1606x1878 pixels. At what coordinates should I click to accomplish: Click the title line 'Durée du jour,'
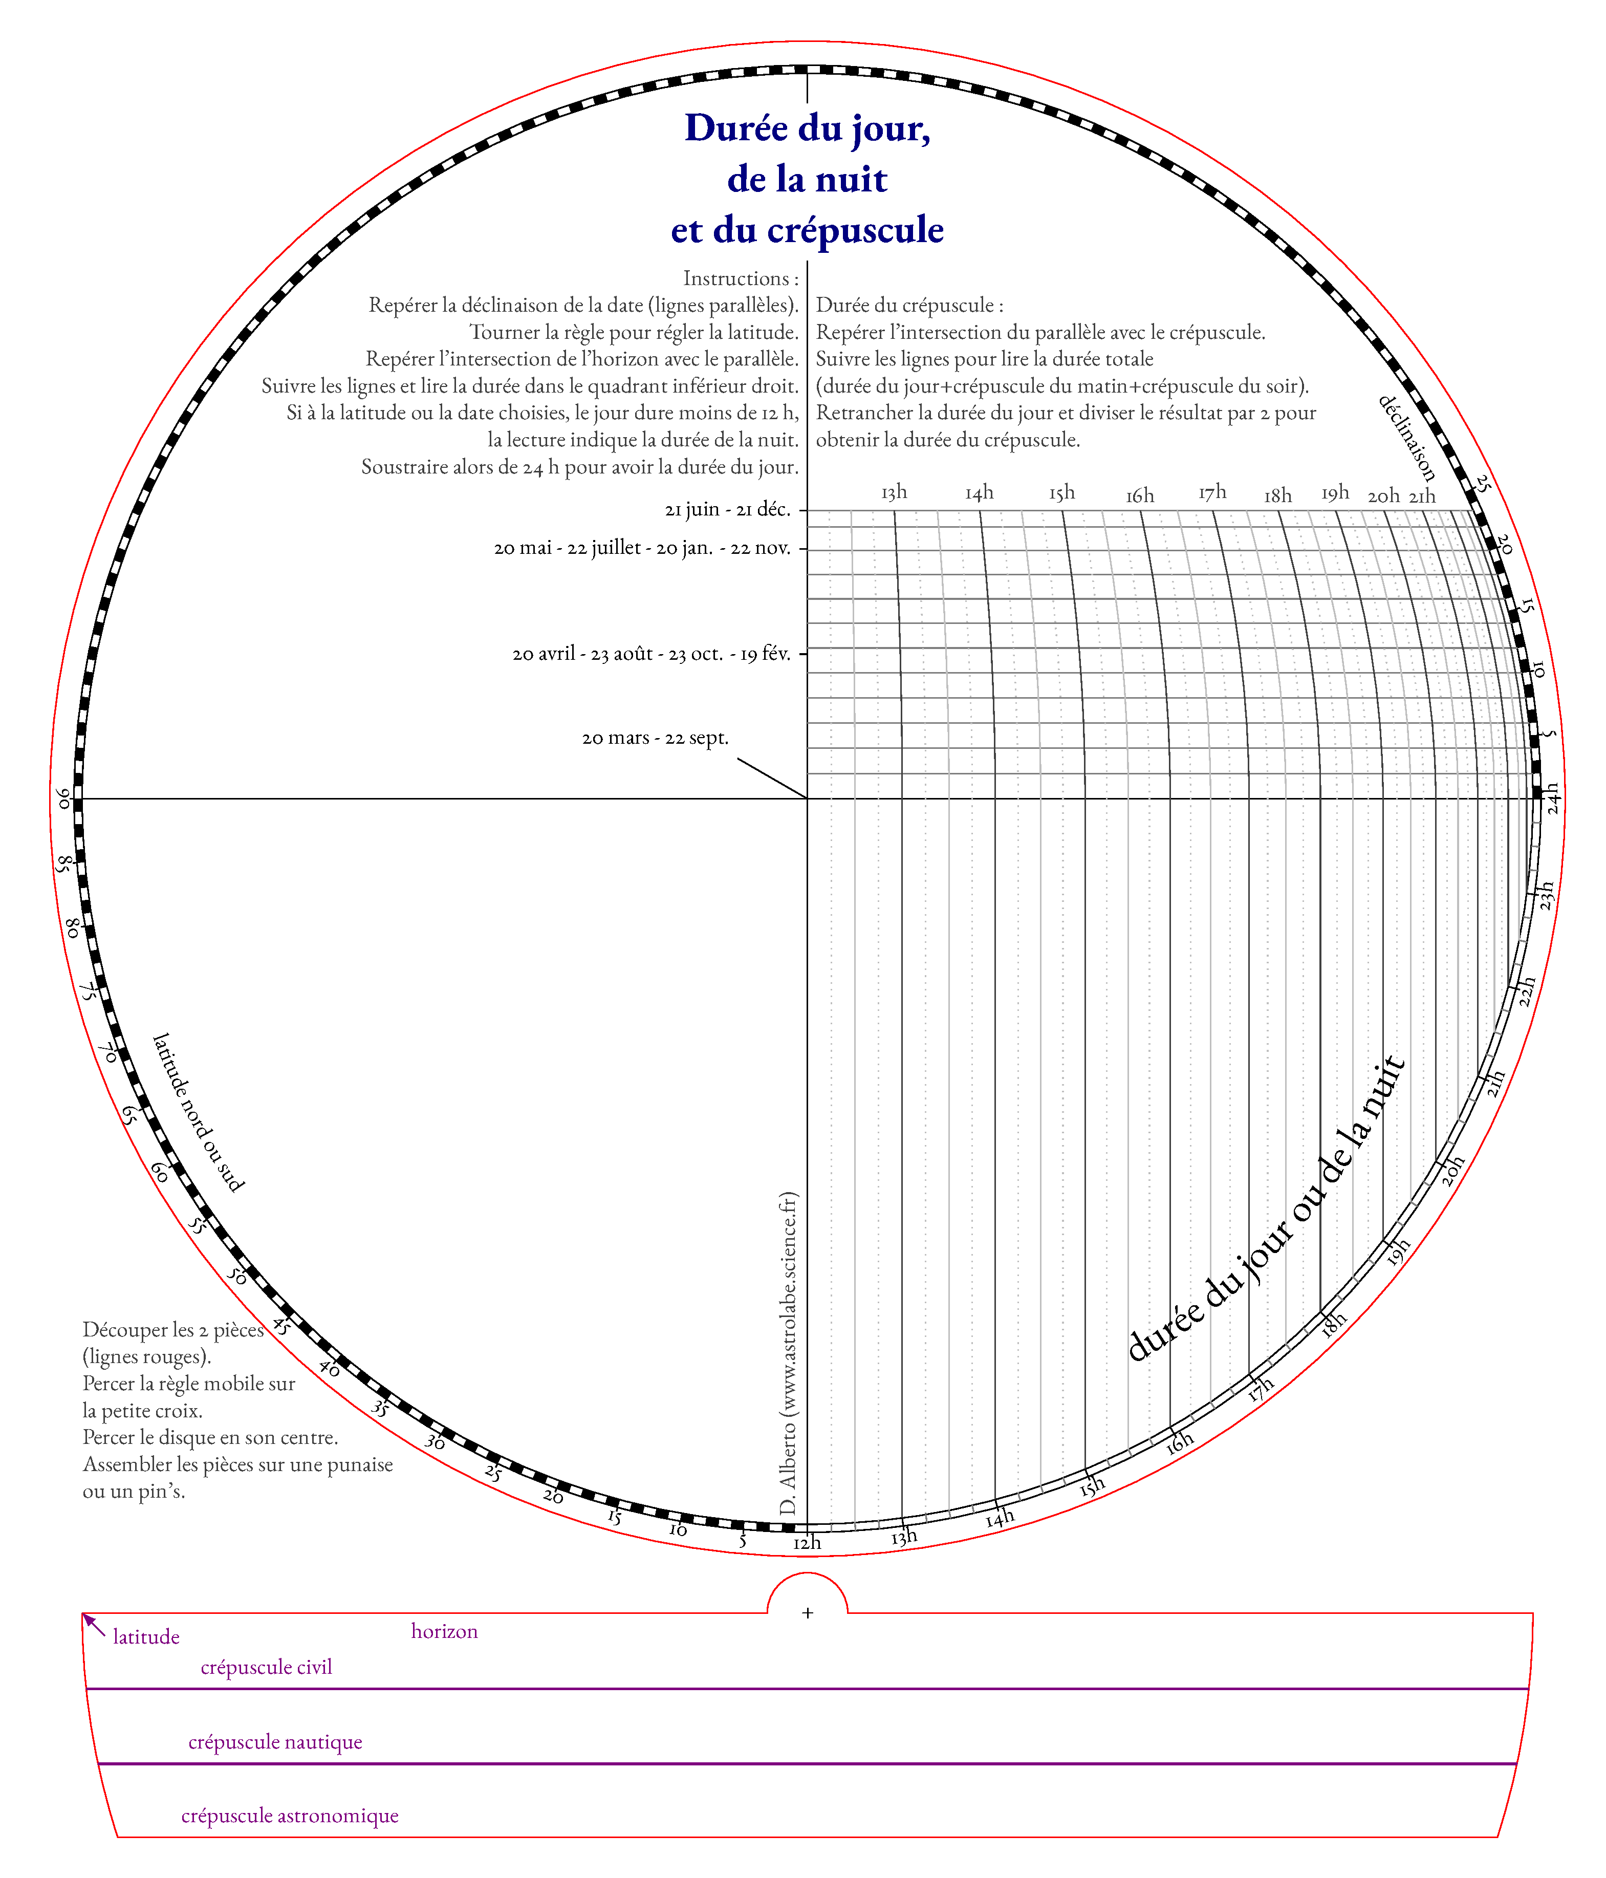coord(807,128)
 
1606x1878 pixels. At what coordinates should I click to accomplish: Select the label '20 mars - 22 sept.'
coord(655,738)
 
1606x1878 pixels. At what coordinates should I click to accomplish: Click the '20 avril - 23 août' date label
coord(650,654)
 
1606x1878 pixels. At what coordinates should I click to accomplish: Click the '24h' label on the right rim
coord(1553,798)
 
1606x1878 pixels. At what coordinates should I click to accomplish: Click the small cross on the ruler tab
coord(808,1612)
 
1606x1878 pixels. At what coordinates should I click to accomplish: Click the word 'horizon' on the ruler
coord(444,1631)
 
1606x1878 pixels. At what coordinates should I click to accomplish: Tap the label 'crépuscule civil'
coord(267,1667)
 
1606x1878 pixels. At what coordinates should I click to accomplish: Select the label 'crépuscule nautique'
coord(275,1741)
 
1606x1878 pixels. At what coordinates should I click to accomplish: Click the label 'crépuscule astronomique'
coord(290,1816)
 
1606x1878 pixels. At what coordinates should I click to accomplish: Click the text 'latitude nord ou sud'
coord(198,1112)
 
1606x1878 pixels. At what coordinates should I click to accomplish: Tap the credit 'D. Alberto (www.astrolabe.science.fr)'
coord(788,1354)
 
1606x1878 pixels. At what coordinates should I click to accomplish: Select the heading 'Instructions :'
coord(741,278)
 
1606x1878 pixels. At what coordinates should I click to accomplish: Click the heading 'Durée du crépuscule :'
coord(909,306)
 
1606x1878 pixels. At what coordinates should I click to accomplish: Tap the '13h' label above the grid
coord(894,492)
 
